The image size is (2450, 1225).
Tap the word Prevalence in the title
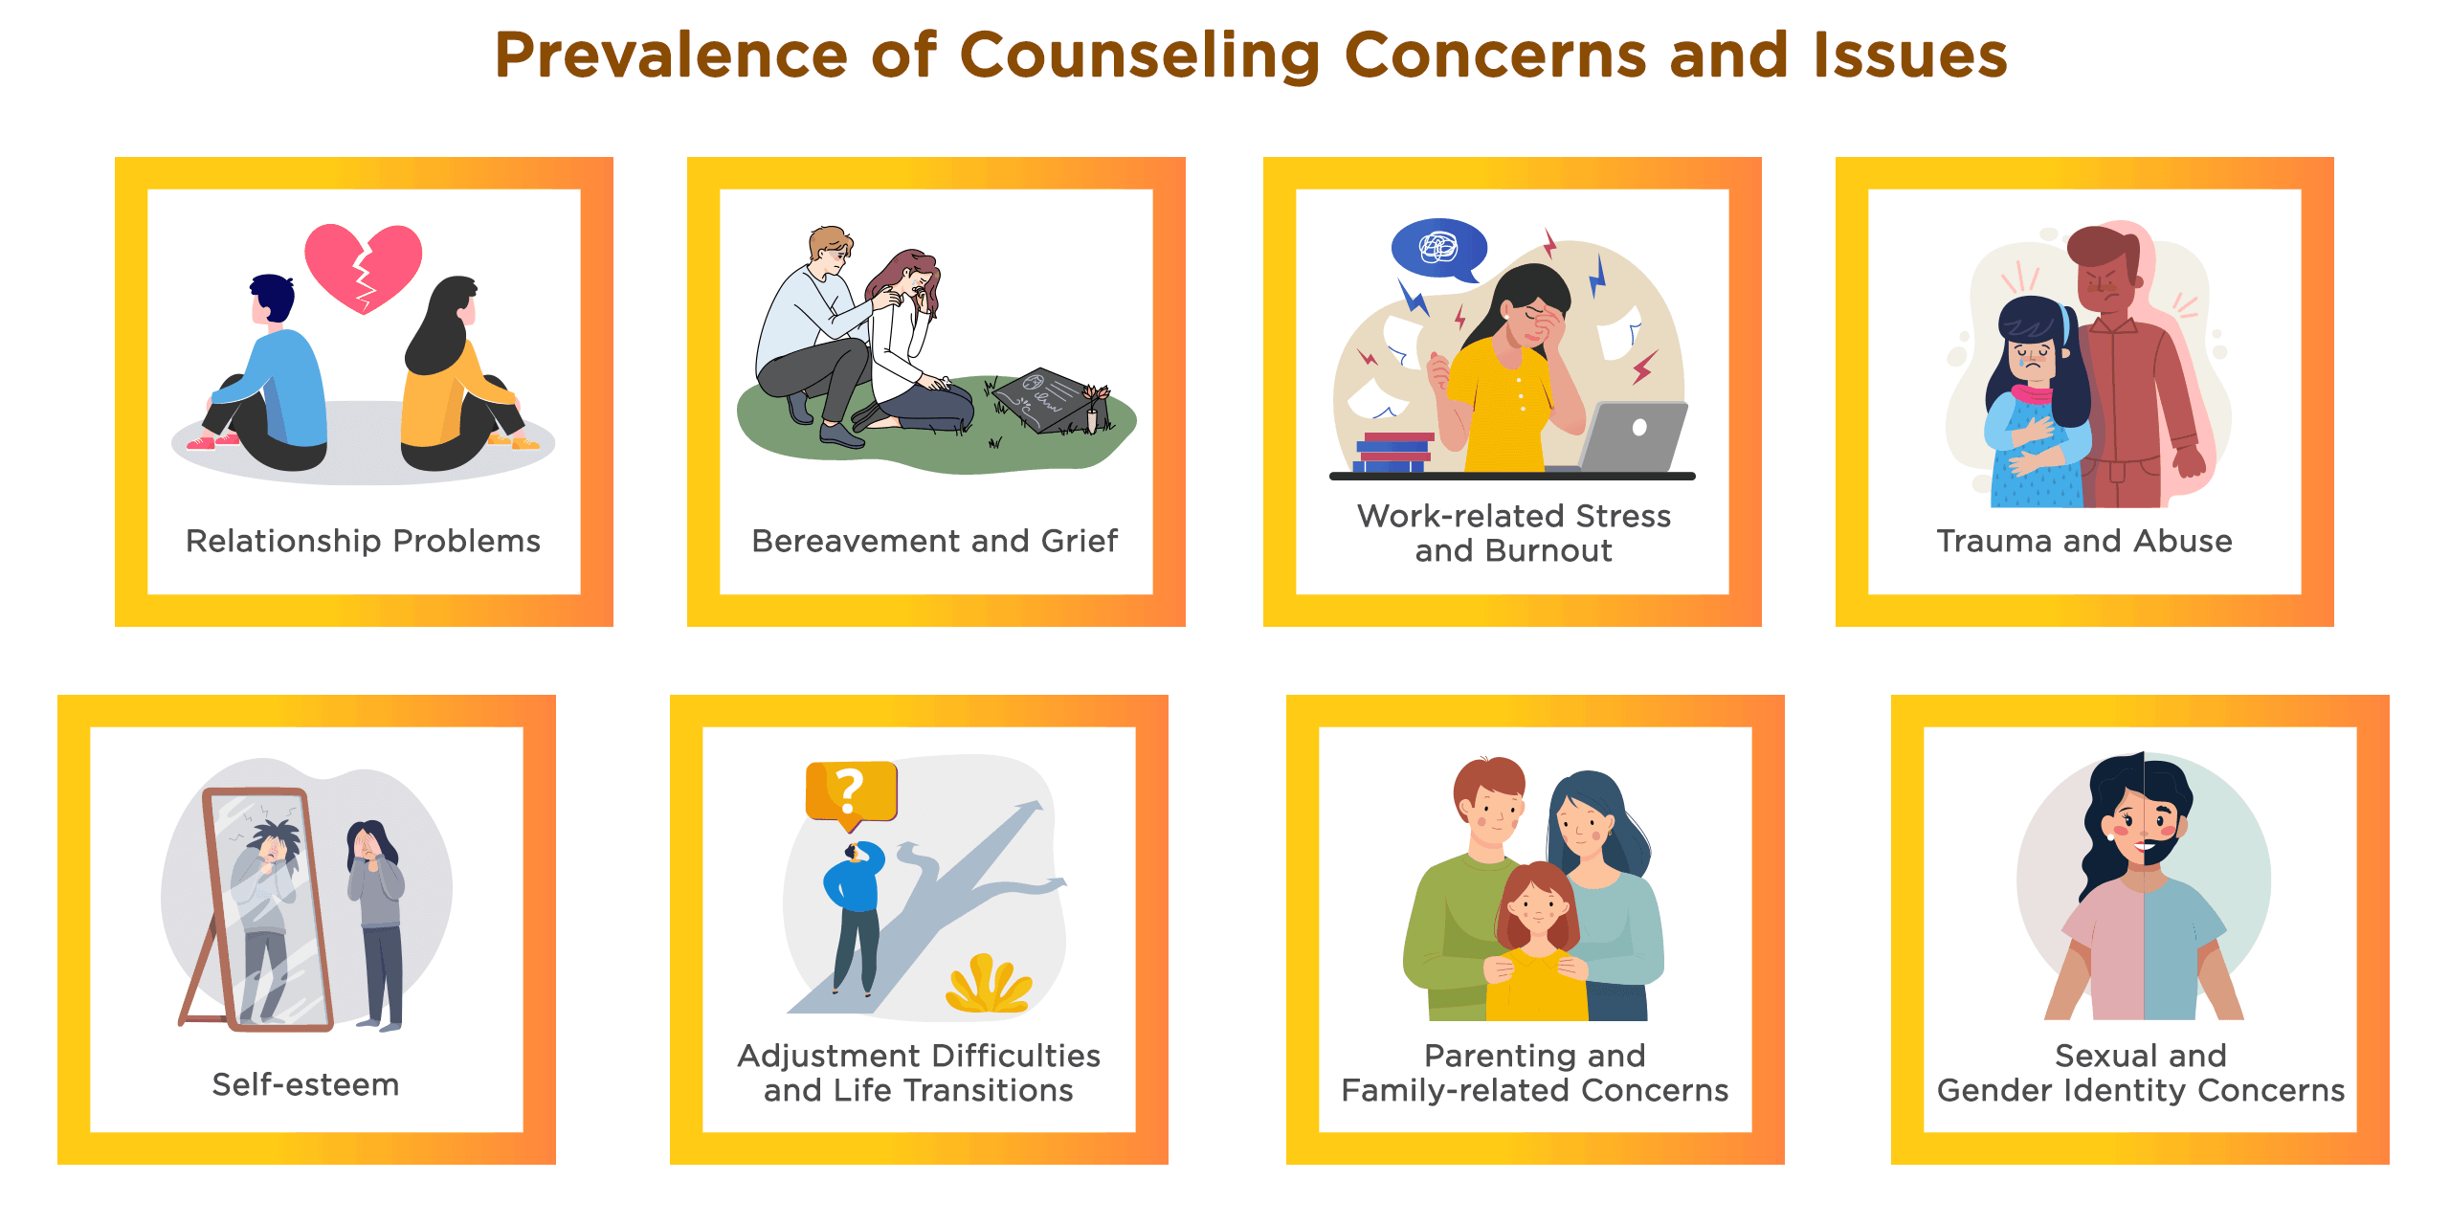(x=671, y=55)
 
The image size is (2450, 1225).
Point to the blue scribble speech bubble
(x=1439, y=250)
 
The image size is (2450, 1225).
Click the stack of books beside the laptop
(x=1395, y=452)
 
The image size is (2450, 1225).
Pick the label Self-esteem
(x=305, y=1084)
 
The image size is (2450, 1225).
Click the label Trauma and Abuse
(x=2084, y=541)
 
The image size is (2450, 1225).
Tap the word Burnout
(x=1548, y=551)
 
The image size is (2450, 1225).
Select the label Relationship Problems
(x=363, y=542)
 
